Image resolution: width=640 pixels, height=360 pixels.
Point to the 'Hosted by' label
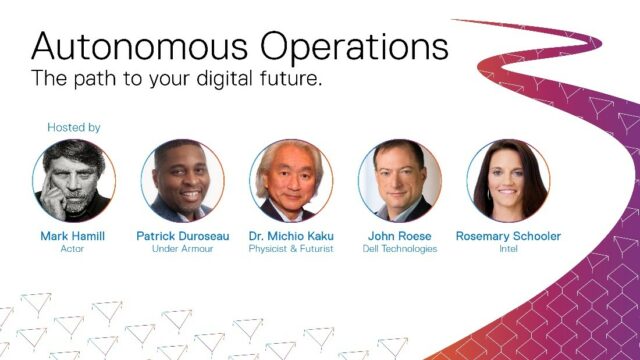tap(74, 128)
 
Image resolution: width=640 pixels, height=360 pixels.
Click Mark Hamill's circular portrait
tap(73, 180)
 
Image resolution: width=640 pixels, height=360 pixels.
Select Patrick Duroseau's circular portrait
tap(182, 180)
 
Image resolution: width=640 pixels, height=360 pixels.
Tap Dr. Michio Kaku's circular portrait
tap(290, 180)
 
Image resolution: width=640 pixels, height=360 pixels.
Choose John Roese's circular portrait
tap(399, 180)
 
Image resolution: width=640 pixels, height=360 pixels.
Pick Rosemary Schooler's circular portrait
tap(508, 180)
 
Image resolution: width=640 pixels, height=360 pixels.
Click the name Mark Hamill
tap(73, 236)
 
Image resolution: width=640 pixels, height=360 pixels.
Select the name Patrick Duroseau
tap(182, 236)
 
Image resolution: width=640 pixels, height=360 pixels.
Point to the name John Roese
tap(399, 236)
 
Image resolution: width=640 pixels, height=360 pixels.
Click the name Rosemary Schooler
tap(508, 236)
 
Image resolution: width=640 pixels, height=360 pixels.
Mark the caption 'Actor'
tap(73, 249)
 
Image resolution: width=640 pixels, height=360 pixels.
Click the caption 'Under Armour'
tap(182, 249)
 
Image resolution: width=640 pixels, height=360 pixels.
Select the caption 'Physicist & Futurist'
tap(290, 249)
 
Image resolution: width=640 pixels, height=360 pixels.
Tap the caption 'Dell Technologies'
tap(399, 249)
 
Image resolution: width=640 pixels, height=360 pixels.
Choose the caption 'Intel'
tap(508, 249)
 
